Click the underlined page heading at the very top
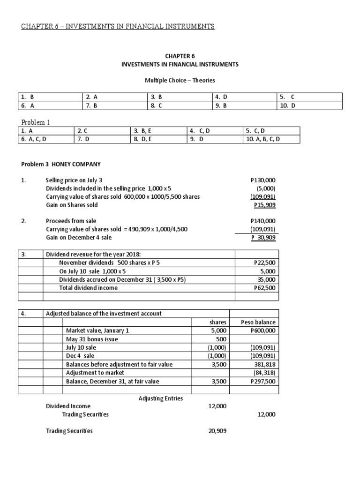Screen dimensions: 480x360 118,26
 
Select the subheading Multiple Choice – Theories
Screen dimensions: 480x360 180,81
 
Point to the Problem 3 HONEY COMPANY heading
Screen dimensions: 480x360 61,164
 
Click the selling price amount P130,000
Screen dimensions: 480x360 263,180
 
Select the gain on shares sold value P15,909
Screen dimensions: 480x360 264,205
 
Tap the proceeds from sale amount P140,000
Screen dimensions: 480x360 263,221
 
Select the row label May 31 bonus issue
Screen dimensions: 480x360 92,339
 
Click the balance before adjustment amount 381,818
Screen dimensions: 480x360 266,364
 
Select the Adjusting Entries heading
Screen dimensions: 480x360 161,398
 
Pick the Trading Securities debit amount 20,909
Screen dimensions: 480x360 217,431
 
